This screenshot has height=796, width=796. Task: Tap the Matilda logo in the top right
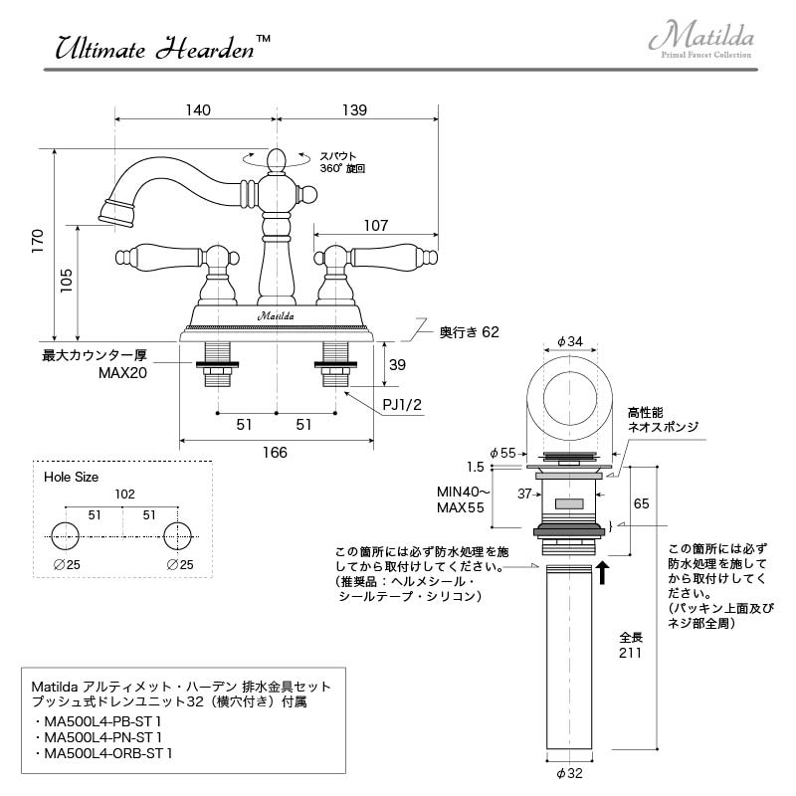point(701,40)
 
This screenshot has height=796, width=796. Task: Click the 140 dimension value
point(198,109)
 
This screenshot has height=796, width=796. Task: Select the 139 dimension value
point(354,109)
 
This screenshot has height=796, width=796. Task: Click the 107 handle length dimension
point(375,226)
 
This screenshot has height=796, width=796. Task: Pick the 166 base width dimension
point(276,453)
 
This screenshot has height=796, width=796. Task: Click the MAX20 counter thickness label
point(121,373)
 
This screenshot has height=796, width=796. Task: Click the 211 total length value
point(630,654)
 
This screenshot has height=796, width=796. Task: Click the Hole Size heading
point(72,477)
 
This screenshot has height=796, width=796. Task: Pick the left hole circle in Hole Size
point(66,534)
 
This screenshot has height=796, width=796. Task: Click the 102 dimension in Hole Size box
point(124,495)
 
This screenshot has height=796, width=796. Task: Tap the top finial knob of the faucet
point(277,158)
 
